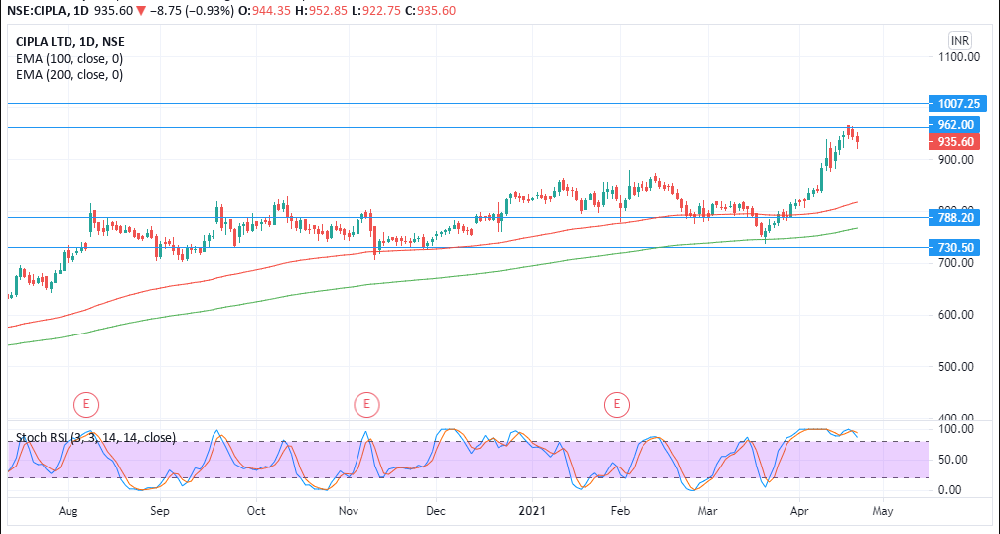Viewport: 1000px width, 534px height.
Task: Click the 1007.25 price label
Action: tap(958, 103)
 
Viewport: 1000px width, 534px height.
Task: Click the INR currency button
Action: tap(959, 40)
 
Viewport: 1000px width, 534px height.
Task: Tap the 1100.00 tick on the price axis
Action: tap(958, 57)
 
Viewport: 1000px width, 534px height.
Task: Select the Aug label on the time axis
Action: tap(69, 511)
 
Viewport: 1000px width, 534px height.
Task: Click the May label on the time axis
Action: tap(883, 511)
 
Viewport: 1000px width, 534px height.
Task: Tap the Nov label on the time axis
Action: tap(349, 511)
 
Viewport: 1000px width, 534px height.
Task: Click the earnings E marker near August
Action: tap(87, 404)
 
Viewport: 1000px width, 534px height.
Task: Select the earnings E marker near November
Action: tap(367, 404)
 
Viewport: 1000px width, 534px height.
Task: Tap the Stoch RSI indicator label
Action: tap(95, 437)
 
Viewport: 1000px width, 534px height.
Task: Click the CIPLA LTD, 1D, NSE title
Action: tap(71, 42)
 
